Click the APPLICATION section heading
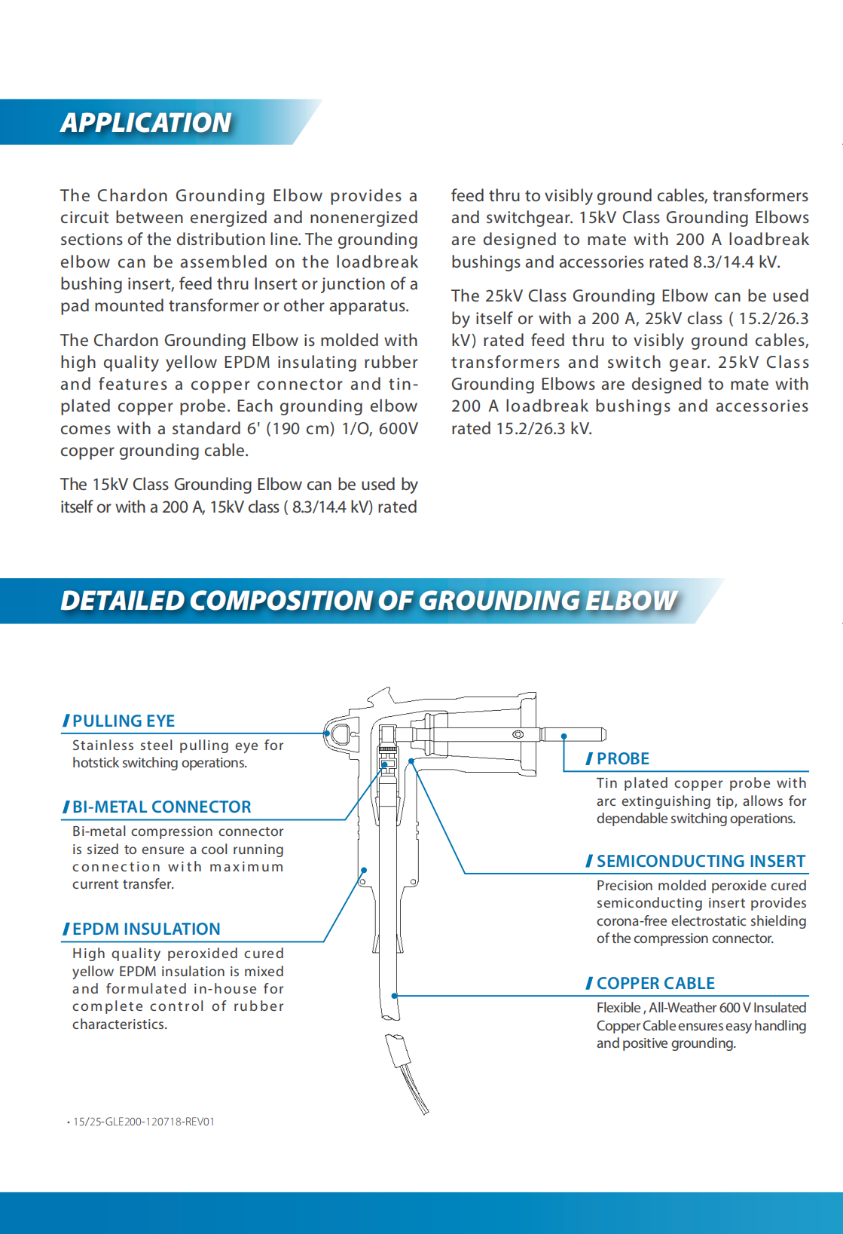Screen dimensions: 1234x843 [x=146, y=122]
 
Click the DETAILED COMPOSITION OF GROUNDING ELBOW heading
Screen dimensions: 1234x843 [x=368, y=600]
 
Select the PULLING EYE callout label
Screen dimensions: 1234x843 [x=124, y=721]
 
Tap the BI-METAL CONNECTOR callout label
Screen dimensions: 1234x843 [x=161, y=807]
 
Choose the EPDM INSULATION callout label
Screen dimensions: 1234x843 [x=146, y=929]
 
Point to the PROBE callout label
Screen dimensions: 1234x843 [x=622, y=758]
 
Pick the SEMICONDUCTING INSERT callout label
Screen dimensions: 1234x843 [x=701, y=861]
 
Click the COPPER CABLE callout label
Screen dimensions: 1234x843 [x=655, y=983]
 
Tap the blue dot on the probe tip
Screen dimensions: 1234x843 [x=564, y=736]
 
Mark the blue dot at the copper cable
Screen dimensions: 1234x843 [x=395, y=996]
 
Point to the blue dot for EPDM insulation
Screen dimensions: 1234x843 [x=363, y=871]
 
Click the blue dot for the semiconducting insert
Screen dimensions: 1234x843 [x=411, y=761]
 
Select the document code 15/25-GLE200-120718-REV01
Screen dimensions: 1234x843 [x=143, y=1122]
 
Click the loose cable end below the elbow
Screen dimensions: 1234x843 [x=407, y=1070]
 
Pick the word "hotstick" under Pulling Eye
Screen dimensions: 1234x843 [x=96, y=763]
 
